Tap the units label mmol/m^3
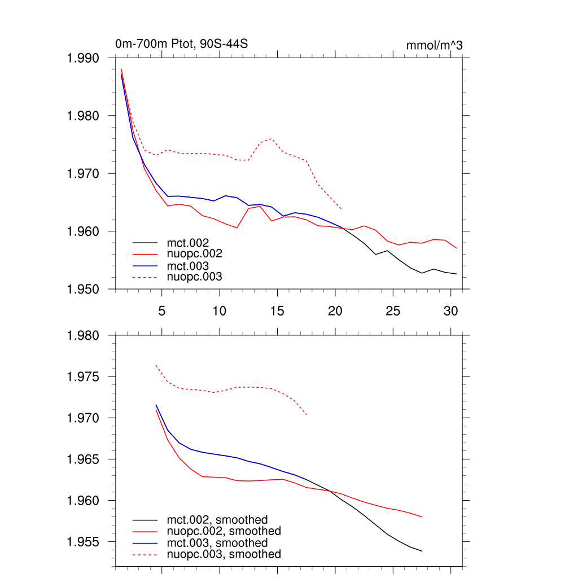click(434, 45)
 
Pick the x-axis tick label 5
click(162, 310)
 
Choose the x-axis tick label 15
click(277, 310)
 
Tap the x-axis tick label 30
click(450, 310)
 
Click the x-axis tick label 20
click(335, 310)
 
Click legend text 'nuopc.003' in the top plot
click(195, 277)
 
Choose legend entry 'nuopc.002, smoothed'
click(224, 531)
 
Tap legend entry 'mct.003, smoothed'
click(217, 543)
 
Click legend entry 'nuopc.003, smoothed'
click(224, 555)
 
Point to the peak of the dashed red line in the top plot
click(272, 138)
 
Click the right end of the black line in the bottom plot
click(422, 551)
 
